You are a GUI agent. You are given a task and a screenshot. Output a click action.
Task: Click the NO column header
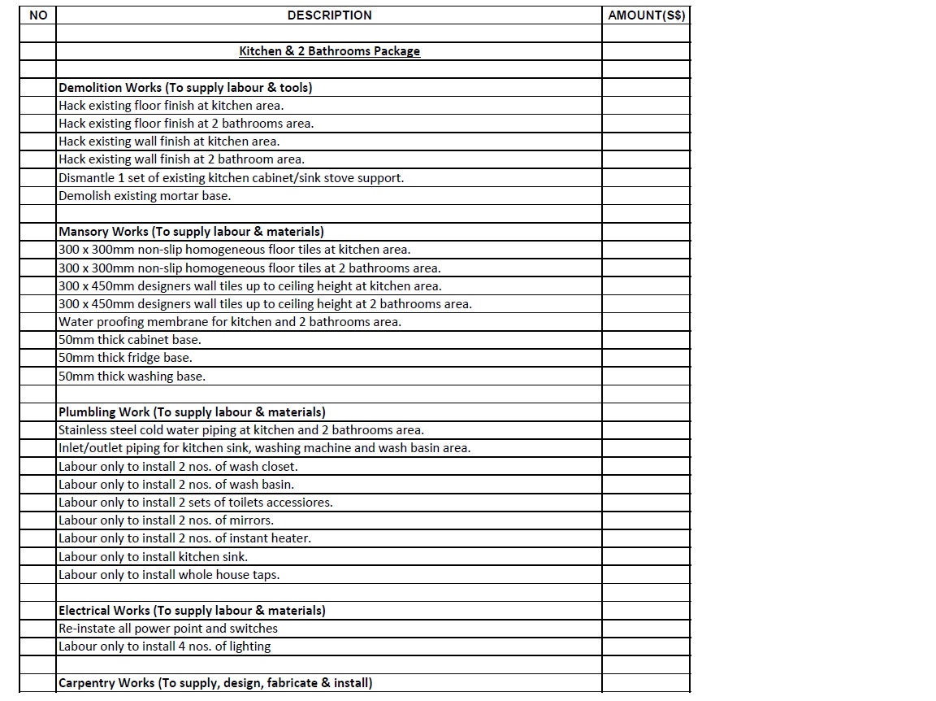tap(37, 15)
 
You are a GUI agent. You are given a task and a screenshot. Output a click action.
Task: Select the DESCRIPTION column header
tap(329, 15)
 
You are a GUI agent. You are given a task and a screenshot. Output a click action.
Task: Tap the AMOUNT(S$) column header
tap(646, 15)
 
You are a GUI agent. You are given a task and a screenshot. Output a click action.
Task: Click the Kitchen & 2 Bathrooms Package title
tap(329, 51)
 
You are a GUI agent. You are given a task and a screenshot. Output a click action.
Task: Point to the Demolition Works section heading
tap(185, 88)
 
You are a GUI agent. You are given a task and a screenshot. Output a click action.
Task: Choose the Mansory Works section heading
tap(191, 232)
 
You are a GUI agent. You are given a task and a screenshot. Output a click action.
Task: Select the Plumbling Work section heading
tap(192, 412)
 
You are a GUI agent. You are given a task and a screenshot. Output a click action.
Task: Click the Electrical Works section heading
tap(192, 611)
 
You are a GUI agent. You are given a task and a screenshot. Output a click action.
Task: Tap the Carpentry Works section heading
tap(215, 683)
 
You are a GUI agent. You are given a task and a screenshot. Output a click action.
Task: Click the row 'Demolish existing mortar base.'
tap(145, 196)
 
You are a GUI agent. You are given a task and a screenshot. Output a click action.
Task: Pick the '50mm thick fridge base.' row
tap(125, 358)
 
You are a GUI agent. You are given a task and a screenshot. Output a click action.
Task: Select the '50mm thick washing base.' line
tap(132, 377)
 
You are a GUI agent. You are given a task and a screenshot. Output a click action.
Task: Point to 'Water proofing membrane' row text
tap(229, 322)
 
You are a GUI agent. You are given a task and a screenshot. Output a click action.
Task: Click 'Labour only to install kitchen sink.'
tap(153, 557)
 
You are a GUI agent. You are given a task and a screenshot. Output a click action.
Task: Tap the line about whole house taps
tap(168, 575)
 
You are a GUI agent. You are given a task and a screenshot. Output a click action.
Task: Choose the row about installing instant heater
tap(184, 538)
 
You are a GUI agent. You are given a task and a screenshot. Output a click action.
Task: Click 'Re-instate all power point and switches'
tap(167, 629)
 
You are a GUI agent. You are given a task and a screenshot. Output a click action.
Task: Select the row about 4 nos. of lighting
tap(164, 647)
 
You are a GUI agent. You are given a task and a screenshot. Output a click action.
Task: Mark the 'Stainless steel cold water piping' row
tap(240, 430)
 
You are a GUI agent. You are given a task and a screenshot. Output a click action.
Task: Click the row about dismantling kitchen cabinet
tap(231, 178)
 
